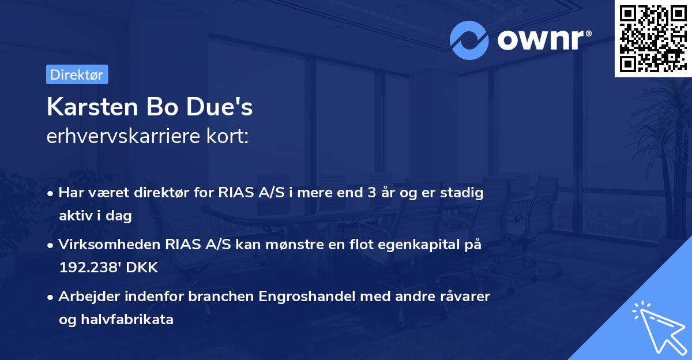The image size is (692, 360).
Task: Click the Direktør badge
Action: [77, 74]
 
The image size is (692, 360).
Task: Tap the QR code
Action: [653, 38]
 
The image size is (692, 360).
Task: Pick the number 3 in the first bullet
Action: [363, 193]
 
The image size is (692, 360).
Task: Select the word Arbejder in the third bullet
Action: [85, 297]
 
